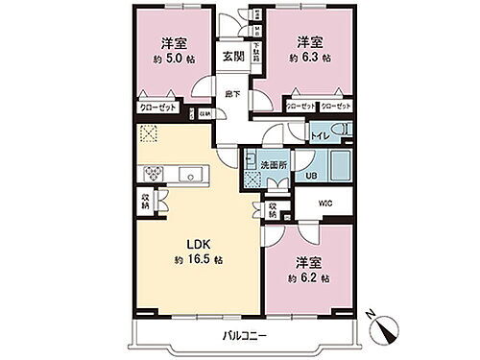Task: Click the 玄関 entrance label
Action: [x=233, y=57]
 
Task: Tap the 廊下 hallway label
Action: [x=233, y=94]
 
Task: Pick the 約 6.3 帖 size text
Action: [x=308, y=58]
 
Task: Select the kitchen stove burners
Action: [x=154, y=173]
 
